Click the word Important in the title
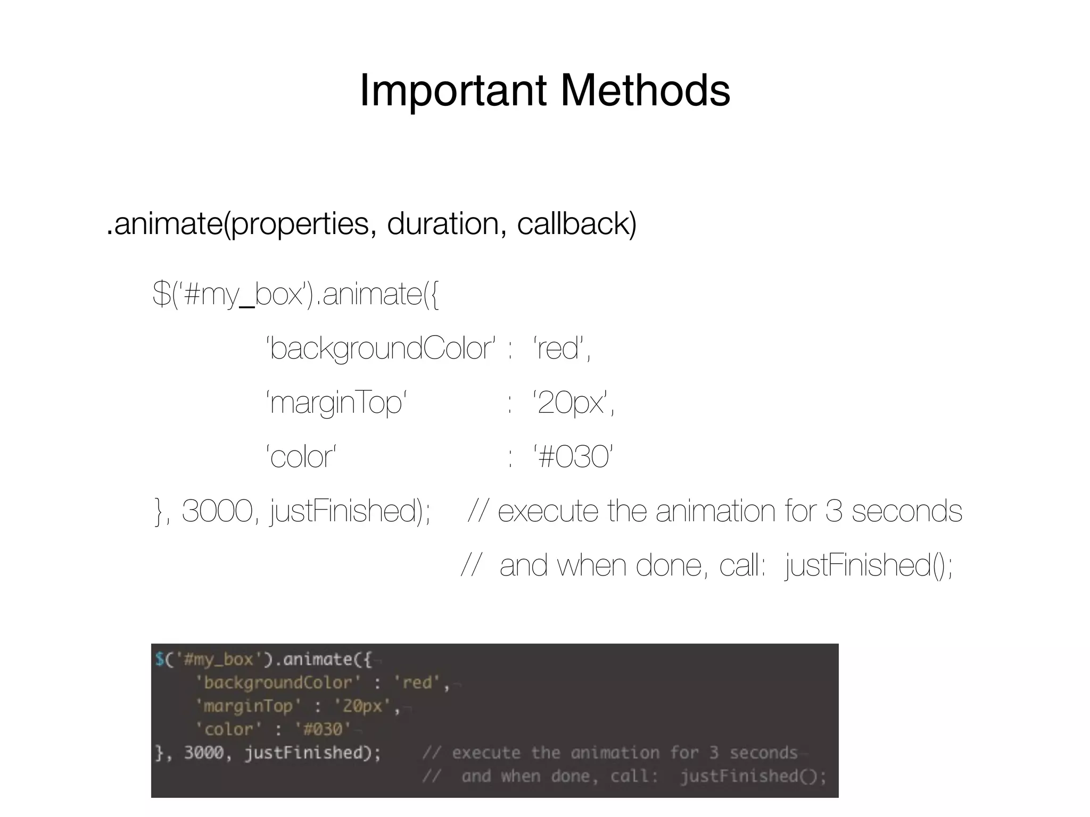(453, 90)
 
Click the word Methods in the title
(645, 90)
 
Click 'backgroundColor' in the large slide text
(381, 349)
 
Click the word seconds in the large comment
(906, 511)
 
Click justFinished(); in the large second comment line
(869, 565)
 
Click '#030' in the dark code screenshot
(323, 729)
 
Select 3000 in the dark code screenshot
(204, 753)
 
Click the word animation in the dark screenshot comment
(615, 753)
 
